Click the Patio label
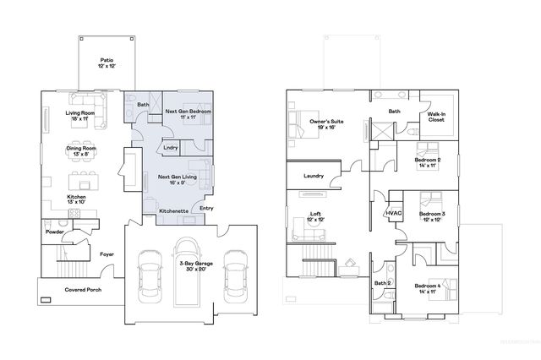point(107,63)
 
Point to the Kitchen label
point(77,199)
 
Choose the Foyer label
point(107,253)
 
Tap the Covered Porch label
point(83,290)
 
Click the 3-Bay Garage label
point(195,268)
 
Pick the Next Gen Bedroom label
point(188,114)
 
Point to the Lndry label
point(171,148)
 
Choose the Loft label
point(315,216)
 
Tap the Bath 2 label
point(382,283)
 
